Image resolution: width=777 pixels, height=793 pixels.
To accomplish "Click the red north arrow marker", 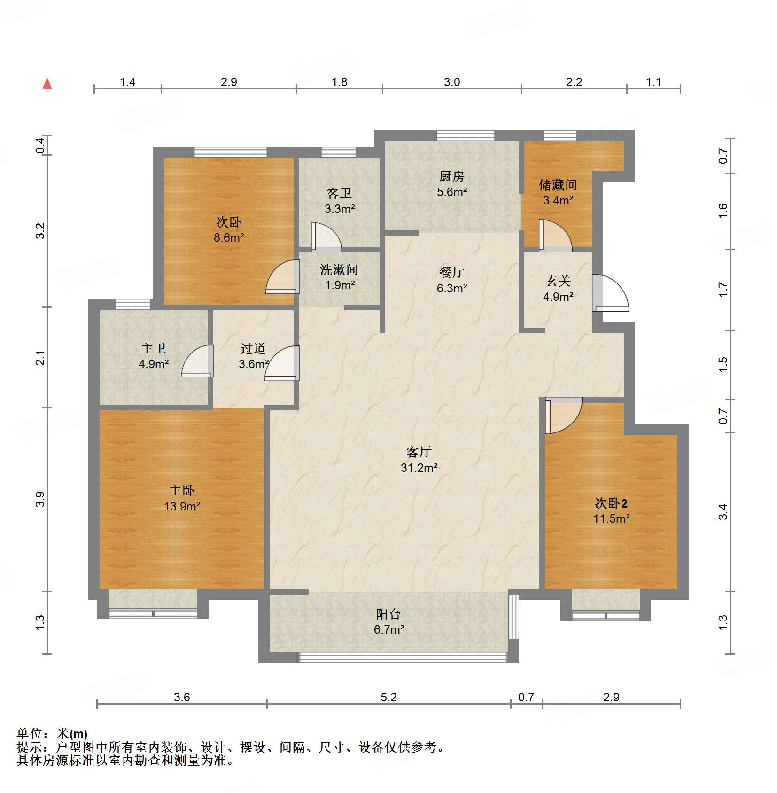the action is click(47, 83).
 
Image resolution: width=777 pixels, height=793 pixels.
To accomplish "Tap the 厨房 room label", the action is click(451, 176).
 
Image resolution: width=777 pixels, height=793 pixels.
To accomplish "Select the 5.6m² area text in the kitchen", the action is click(452, 192).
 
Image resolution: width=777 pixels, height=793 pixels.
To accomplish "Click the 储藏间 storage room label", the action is click(558, 185).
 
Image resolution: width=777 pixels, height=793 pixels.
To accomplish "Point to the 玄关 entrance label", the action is click(558, 281).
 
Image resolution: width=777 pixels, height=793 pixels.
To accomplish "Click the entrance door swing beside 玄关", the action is click(610, 292).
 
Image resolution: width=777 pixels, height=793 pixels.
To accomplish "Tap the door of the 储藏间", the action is click(555, 235).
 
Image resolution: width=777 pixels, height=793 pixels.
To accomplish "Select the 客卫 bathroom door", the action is click(326, 235).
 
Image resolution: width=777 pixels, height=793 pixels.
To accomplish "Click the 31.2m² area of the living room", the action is click(419, 468).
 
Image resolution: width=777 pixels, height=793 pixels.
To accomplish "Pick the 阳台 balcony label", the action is click(388, 614).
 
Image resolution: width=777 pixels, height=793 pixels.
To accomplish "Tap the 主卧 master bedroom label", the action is click(182, 491).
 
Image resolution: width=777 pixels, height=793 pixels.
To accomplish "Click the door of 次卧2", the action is click(563, 415).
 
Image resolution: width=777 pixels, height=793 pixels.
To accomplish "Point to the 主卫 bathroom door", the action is click(197, 361).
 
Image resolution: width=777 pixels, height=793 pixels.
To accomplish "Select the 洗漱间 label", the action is click(339, 269).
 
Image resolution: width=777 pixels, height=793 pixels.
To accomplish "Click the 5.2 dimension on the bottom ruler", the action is click(388, 697).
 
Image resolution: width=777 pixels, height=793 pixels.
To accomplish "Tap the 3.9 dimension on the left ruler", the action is click(40, 499).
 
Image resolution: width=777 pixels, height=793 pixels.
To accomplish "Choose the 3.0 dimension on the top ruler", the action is click(452, 82).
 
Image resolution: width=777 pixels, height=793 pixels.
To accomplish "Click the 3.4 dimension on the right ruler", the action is click(723, 511).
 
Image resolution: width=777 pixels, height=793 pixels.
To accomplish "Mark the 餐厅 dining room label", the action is click(451, 272).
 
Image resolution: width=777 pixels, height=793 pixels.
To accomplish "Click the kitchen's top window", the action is click(466, 136).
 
